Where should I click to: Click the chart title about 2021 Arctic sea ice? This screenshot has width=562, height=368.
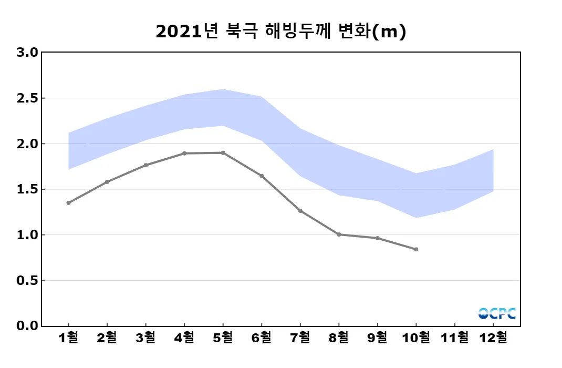(281, 32)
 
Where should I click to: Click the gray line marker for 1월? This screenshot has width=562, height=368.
(68, 203)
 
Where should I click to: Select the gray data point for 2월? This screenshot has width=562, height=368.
(107, 182)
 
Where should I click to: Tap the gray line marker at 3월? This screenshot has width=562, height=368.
(145, 165)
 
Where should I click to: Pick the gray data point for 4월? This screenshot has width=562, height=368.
(184, 154)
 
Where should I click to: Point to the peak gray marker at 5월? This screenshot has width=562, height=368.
(223, 153)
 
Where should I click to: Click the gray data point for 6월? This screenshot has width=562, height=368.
(262, 176)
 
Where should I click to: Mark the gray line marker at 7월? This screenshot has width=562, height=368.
(300, 211)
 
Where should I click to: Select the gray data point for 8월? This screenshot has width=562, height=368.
(339, 234)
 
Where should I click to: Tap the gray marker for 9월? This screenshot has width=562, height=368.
(378, 238)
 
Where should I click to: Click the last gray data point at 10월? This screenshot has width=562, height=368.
(416, 249)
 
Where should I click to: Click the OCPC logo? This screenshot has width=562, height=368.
(497, 314)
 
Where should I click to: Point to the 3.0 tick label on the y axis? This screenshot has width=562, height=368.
(27, 53)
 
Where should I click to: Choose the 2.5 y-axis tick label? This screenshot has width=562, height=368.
(27, 98)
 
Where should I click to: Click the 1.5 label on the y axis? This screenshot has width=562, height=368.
(27, 189)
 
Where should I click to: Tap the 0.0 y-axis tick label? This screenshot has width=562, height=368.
(27, 326)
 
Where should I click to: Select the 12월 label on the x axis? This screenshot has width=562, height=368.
(493, 338)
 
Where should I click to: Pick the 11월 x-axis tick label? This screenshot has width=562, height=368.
(455, 338)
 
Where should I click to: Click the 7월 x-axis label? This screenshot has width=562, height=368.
(300, 338)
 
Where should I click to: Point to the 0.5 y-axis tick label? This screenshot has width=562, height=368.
(27, 281)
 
